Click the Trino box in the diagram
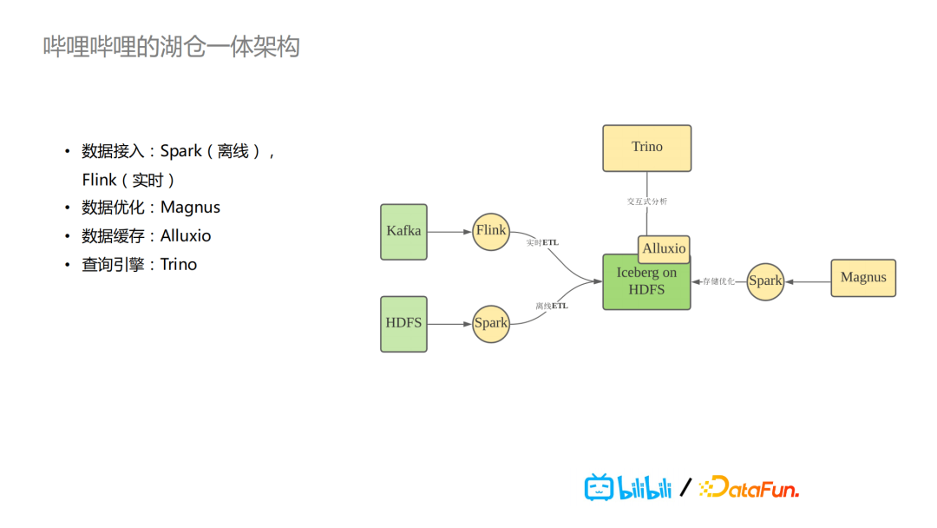[x=646, y=148]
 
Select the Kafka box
[x=403, y=232]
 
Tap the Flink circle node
[x=491, y=231]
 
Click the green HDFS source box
[x=403, y=324]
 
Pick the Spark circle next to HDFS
[x=491, y=323]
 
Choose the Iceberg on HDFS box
[x=646, y=286]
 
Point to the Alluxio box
[x=664, y=248]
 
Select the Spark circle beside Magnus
[x=765, y=281]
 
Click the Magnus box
[x=863, y=278]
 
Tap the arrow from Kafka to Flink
[x=449, y=232]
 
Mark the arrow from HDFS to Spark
[x=449, y=324]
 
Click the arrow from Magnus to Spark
[x=807, y=281]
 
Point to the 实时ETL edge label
[x=542, y=242]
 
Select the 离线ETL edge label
[x=551, y=306]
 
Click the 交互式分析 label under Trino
[x=647, y=201]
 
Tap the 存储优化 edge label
[x=718, y=281]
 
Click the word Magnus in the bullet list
[x=190, y=208]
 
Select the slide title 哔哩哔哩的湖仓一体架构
[x=172, y=46]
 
